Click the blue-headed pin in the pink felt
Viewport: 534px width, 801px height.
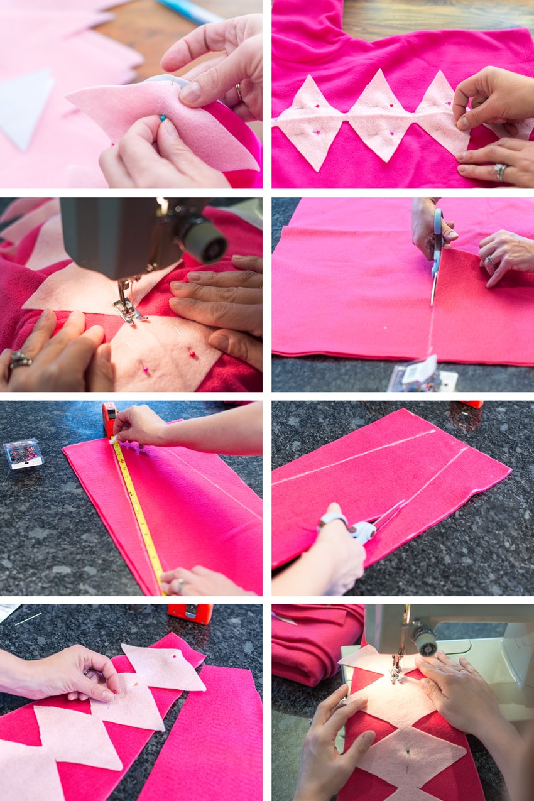(x=163, y=117)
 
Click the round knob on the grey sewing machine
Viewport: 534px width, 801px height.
(x=204, y=241)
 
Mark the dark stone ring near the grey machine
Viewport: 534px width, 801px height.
(x=19, y=359)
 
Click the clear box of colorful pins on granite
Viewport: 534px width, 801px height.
(x=23, y=454)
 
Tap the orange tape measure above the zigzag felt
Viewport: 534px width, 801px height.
(x=190, y=613)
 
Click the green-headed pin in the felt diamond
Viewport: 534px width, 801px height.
(x=408, y=751)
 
